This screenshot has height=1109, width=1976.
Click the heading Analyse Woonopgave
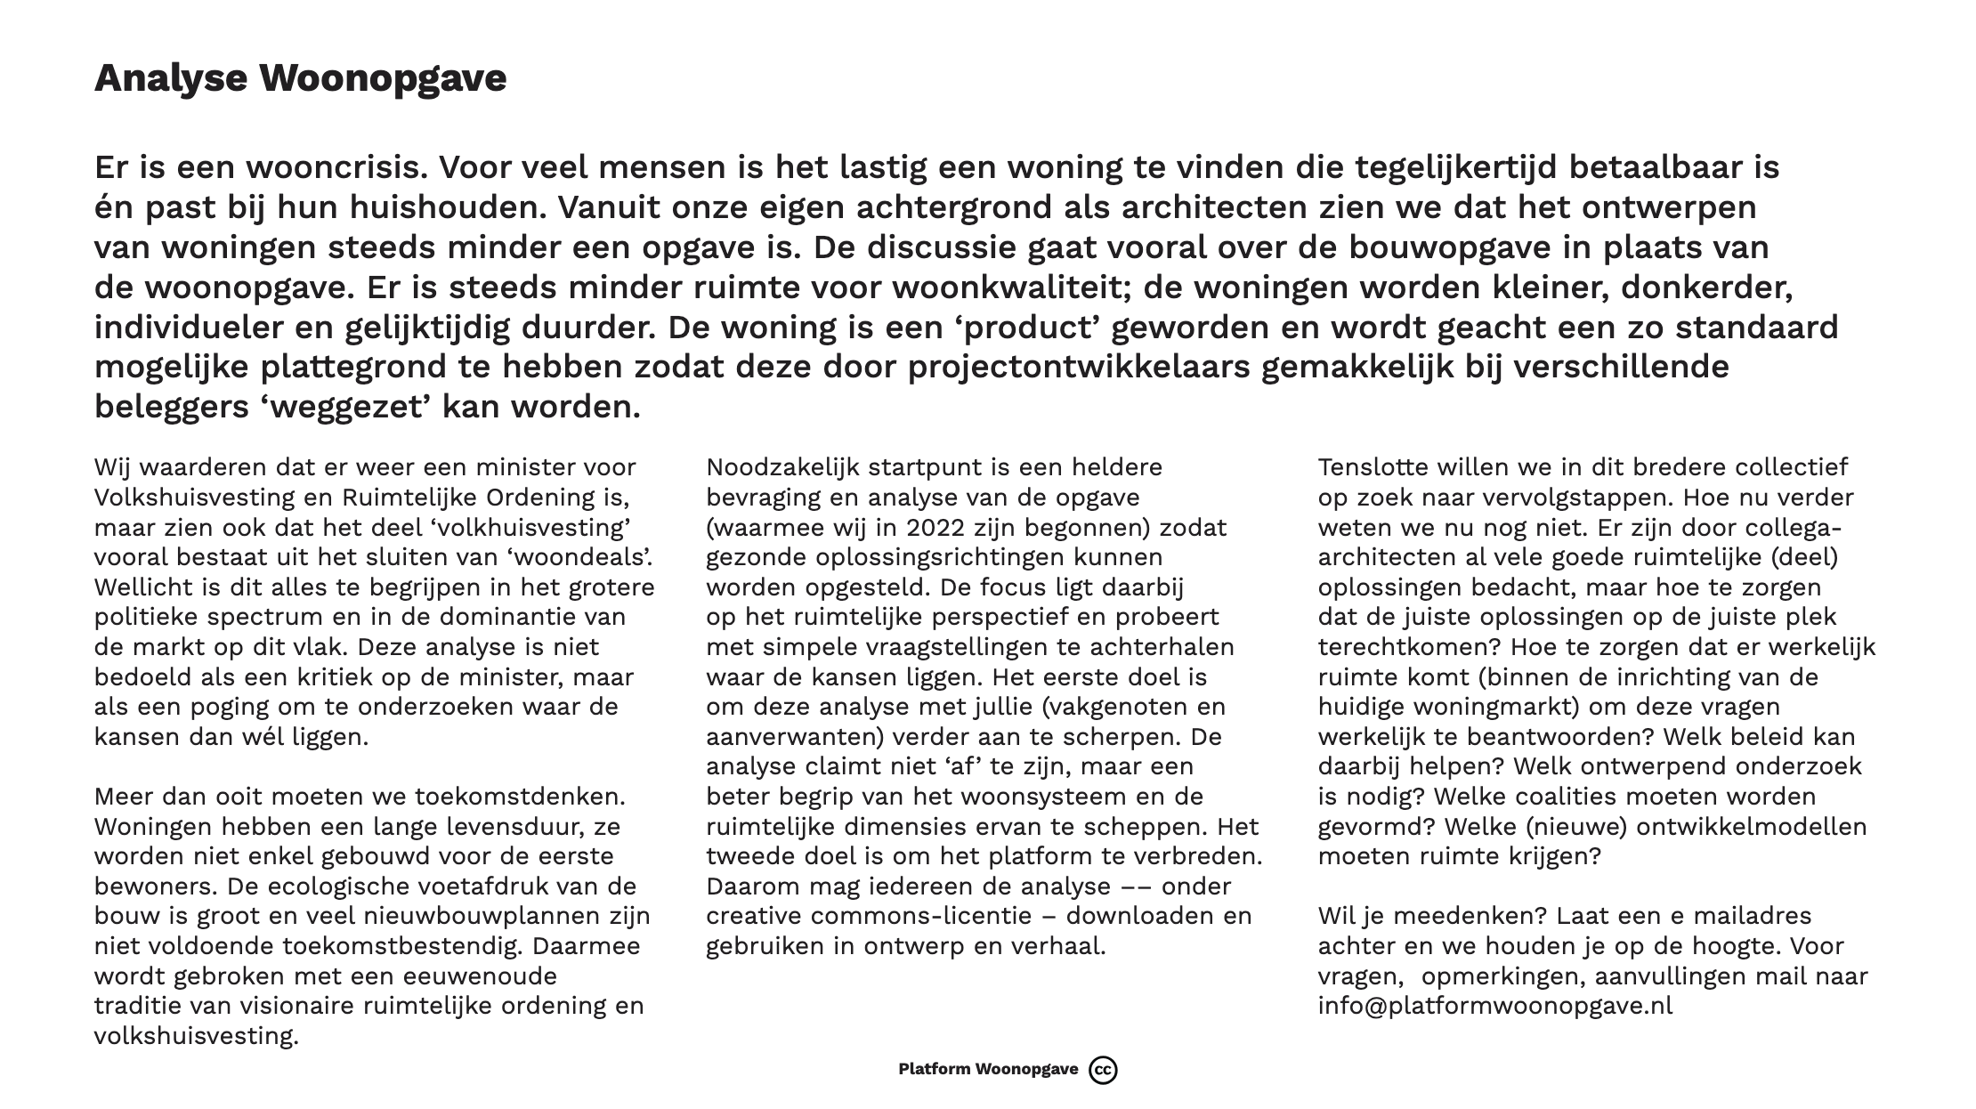click(300, 78)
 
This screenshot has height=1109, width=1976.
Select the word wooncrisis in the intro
click(334, 167)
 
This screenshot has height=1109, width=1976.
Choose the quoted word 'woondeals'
click(589, 557)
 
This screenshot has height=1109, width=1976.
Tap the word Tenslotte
click(1372, 467)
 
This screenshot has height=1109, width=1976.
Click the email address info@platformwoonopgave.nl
click(1494, 1006)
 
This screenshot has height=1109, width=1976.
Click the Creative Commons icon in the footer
click(1103, 1070)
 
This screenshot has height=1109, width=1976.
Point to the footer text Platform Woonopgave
click(988, 1070)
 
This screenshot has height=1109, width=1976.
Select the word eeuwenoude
click(481, 976)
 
